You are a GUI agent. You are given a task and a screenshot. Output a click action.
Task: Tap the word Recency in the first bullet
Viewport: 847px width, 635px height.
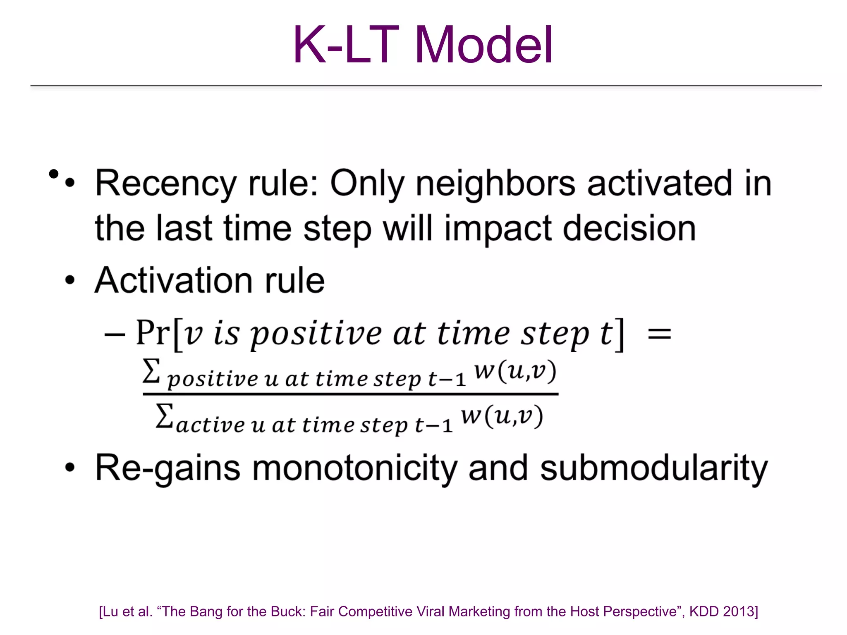coord(165,184)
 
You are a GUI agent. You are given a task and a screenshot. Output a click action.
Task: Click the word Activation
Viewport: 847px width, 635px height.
coord(174,280)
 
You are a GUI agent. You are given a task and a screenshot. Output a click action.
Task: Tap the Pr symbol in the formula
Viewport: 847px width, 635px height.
coord(153,333)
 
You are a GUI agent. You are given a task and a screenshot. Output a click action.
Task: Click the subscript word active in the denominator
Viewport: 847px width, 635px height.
coord(211,425)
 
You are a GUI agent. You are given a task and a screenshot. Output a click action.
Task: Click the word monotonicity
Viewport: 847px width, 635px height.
coord(354,468)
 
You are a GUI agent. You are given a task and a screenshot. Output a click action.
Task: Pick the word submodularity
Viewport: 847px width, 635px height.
coord(654,468)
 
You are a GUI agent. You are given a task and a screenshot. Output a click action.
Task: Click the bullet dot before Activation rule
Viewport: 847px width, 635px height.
coord(70,280)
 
